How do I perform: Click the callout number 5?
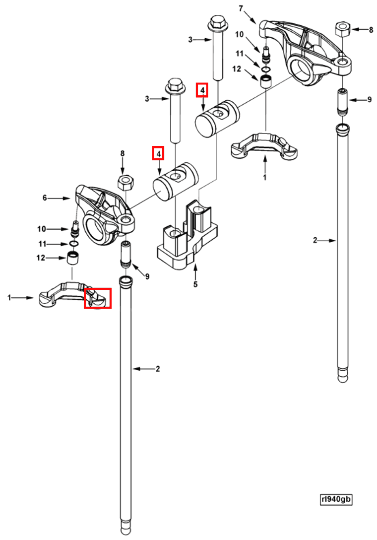tap(195, 284)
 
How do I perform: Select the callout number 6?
tap(45, 198)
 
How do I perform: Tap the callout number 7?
tap(241, 8)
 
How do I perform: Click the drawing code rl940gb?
tap(336, 499)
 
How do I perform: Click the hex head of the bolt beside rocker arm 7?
tap(217, 22)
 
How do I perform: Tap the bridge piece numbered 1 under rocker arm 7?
tap(265, 146)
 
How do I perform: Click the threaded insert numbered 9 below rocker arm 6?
tap(126, 253)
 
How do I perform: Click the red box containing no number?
tap(97, 297)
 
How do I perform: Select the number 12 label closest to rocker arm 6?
tap(41, 258)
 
